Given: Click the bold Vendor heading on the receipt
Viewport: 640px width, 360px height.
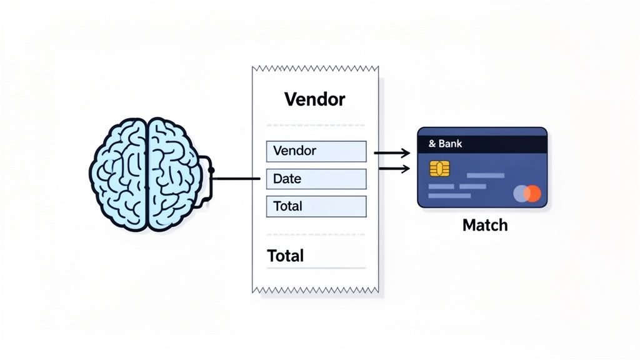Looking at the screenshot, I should tap(314, 99).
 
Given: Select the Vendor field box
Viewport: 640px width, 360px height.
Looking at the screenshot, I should tap(316, 151).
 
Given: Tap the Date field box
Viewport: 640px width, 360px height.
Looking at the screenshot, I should tap(316, 179).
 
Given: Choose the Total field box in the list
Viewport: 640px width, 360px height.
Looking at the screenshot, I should tap(316, 206).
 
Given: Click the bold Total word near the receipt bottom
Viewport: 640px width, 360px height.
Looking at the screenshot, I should tap(286, 256).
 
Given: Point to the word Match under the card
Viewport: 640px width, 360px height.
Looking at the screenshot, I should tap(484, 225).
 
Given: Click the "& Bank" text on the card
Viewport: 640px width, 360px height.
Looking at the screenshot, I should tap(446, 144).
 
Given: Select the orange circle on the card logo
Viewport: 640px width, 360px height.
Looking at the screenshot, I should tap(532, 194).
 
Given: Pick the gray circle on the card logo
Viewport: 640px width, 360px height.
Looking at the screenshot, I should tap(520, 194).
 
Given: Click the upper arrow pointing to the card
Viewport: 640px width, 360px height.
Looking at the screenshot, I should tap(391, 152).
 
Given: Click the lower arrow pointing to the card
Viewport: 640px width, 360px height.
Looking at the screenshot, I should tap(391, 168).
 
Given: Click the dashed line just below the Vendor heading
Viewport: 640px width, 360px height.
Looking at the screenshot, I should tap(316, 124).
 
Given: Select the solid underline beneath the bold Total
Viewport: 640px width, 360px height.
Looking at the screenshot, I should tap(316, 269).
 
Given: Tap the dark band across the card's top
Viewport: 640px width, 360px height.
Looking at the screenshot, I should tap(482, 144).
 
